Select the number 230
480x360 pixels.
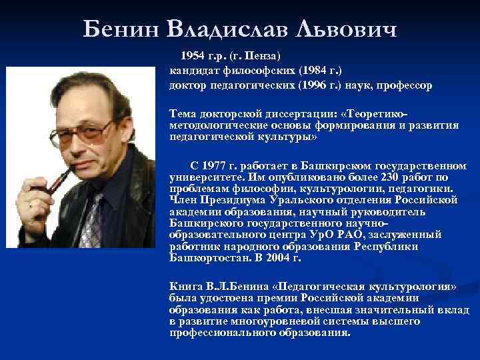(x=383, y=178)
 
